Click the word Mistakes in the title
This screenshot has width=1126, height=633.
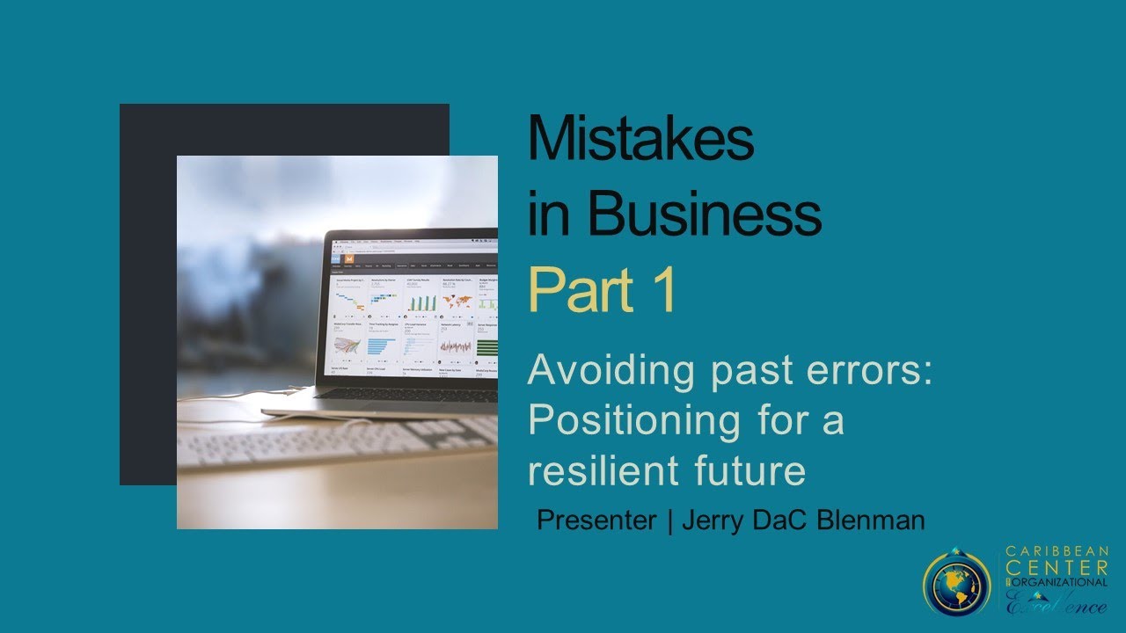point(640,139)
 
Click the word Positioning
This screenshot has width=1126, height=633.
point(634,420)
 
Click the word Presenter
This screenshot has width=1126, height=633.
point(596,520)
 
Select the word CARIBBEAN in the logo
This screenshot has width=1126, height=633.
point(1057,552)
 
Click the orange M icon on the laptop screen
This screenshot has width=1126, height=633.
point(349,262)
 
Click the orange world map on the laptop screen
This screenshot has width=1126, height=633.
point(457,302)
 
